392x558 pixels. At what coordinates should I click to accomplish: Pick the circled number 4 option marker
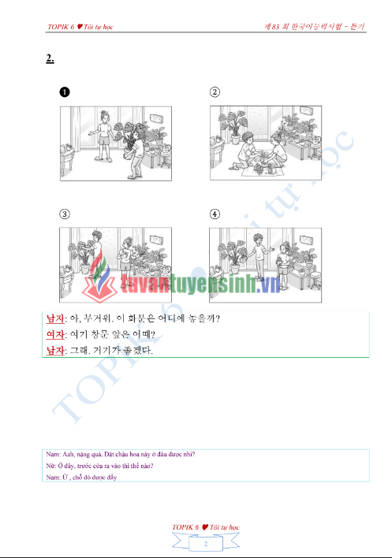pyautogui.click(x=215, y=214)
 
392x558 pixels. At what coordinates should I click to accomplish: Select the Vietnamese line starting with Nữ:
pyautogui.click(x=99, y=466)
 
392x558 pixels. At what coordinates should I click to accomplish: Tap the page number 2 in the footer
pyautogui.click(x=205, y=545)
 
